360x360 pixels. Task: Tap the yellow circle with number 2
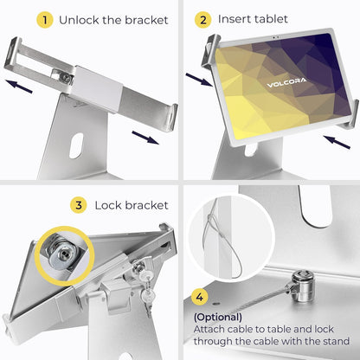coord(202,19)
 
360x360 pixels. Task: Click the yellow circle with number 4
coord(199,297)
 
